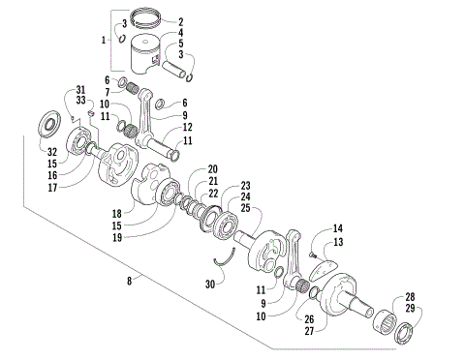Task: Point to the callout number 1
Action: coord(106,42)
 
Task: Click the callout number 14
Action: coord(337,228)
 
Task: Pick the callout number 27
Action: coord(309,331)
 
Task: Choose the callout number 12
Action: coord(187,127)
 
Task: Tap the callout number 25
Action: coord(246,209)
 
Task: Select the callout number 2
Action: coord(180,20)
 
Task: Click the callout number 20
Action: coord(212,168)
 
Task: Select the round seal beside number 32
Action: coord(46,125)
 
